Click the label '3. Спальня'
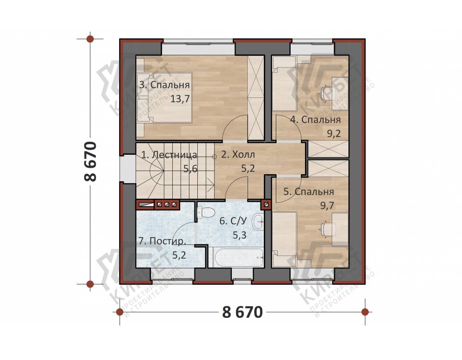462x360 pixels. (164, 85)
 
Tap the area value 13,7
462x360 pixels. (180, 98)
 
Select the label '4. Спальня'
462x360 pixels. (316, 120)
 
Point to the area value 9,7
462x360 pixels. (327, 205)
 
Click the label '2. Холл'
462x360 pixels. (238, 154)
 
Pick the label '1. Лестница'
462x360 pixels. (169, 155)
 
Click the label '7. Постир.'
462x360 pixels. (162, 241)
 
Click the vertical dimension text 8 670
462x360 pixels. (91, 161)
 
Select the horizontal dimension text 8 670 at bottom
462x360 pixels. (242, 312)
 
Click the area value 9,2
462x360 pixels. (334, 134)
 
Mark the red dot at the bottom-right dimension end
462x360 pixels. (365, 311)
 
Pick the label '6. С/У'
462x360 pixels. (233, 221)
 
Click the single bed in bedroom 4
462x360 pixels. (284, 84)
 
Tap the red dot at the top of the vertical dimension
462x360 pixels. (90, 39)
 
